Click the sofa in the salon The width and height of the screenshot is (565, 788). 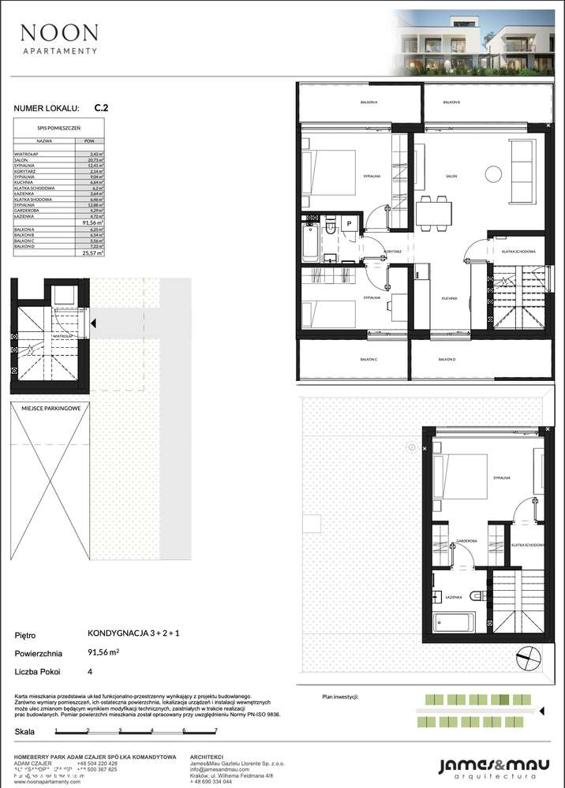522,171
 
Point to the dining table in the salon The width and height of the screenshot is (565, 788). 430,209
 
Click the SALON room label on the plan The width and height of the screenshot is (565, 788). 451,176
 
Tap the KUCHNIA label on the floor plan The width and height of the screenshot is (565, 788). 451,299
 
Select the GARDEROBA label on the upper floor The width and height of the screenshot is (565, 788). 467,540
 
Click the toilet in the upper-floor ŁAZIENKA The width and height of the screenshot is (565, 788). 475,596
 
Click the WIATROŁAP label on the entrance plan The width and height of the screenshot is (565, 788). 64,335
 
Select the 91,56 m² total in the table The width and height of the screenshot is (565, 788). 94,222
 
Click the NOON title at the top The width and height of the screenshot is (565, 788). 59,32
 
